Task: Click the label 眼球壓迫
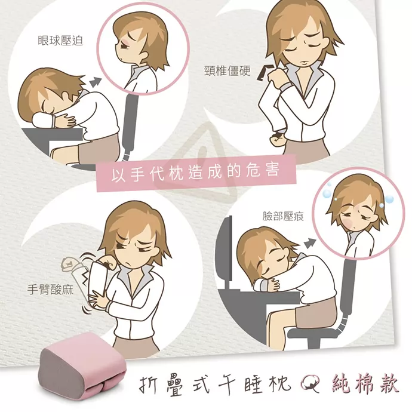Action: coord(60,41)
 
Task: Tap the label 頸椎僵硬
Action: coord(227,70)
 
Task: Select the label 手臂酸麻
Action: coord(50,290)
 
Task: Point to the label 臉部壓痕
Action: coord(283,216)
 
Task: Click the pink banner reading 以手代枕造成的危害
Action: coord(196,173)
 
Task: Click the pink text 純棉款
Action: coord(365,385)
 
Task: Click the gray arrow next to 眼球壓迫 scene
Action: coord(95,82)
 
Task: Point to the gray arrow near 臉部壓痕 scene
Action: coord(310,242)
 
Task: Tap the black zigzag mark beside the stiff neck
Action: coord(265,72)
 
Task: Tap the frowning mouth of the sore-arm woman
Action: coord(128,262)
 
